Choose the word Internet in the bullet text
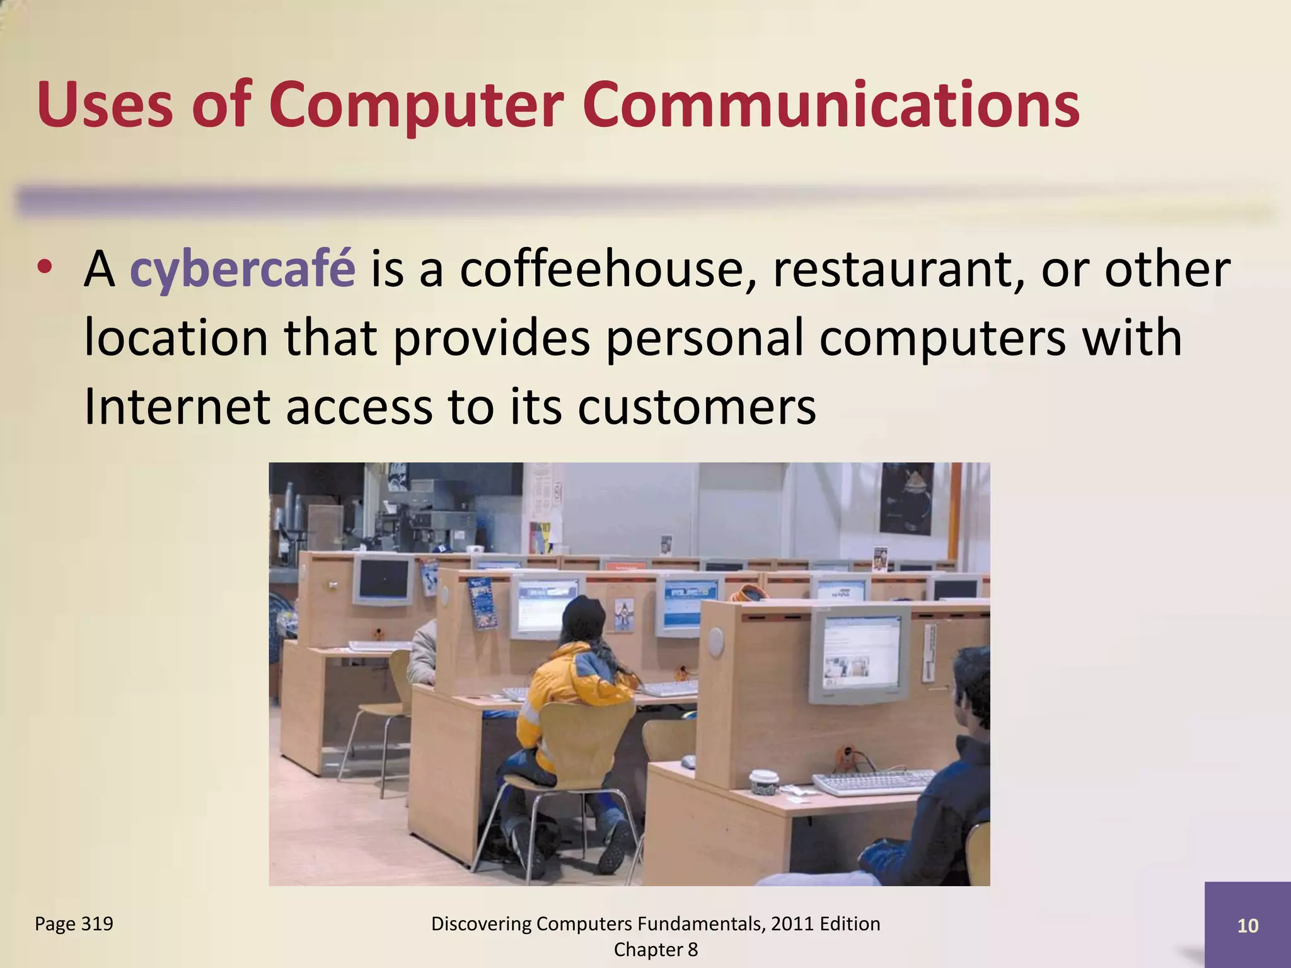click(x=177, y=406)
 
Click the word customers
click(x=696, y=406)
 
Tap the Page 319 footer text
click(x=74, y=924)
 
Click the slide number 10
click(x=1248, y=926)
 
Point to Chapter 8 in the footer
click(x=656, y=950)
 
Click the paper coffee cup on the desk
click(x=763, y=781)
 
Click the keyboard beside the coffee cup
click(x=873, y=781)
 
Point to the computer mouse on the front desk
click(x=688, y=762)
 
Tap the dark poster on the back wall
click(x=905, y=498)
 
